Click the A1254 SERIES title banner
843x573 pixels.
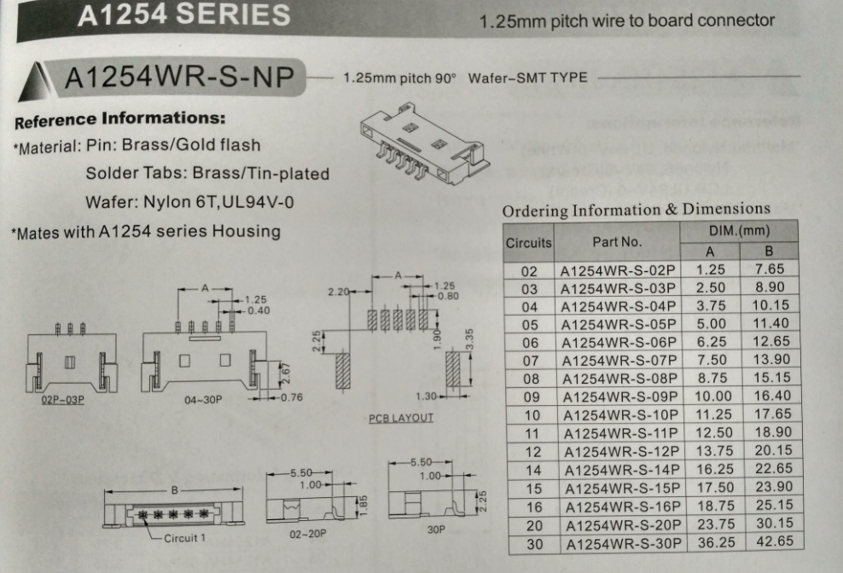pos(183,15)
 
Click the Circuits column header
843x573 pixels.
pos(529,242)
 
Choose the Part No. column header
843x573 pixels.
pos(617,242)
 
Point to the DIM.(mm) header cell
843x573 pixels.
pos(739,231)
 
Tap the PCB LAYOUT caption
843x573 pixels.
pos(401,418)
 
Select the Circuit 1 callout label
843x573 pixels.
pos(185,538)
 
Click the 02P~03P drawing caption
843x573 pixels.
pos(63,400)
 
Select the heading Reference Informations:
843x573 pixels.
pos(120,119)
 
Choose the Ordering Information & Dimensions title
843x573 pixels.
pos(636,210)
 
